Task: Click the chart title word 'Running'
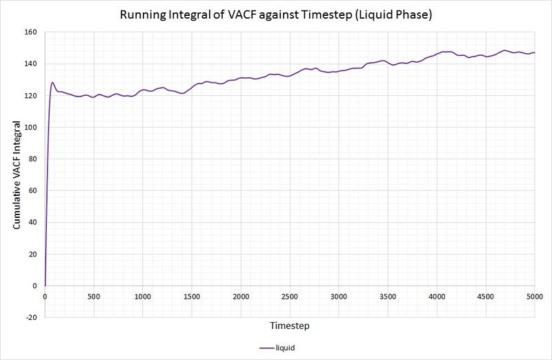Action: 142,14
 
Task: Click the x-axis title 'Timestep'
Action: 290,324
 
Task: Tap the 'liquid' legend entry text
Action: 285,348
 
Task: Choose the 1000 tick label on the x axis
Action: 143,297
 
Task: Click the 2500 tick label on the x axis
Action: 290,297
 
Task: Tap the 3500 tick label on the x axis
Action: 388,297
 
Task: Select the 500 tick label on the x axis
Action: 94,297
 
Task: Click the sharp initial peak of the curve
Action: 52,83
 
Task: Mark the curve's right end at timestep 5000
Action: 535,52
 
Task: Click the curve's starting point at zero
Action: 45,286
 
